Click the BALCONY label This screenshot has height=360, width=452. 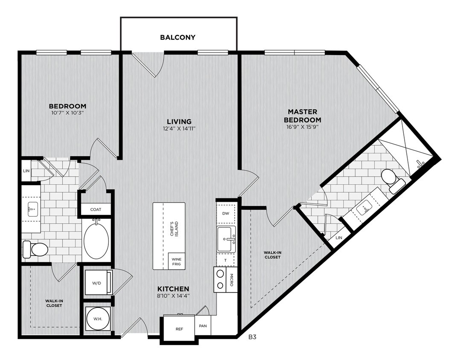pos(178,37)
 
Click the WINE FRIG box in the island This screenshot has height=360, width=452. pos(176,261)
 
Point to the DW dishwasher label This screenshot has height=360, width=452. pos(226,213)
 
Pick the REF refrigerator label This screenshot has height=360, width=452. pos(179,329)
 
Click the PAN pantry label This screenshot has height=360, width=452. pos(203,326)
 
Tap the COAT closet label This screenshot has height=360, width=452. pos(96,209)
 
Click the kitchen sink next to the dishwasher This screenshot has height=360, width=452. pos(227,239)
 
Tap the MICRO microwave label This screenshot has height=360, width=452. pos(231,280)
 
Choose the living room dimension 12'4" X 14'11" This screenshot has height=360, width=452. pos(179,129)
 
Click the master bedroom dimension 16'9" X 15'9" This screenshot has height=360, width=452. pos(302,127)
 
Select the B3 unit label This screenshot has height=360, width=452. pos(253,337)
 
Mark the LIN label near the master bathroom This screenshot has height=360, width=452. pos(339,238)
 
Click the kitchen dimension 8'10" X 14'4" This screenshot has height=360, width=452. pos(173,296)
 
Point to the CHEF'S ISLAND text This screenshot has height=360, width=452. pos(174,229)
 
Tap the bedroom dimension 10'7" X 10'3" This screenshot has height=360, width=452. pos(67,113)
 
